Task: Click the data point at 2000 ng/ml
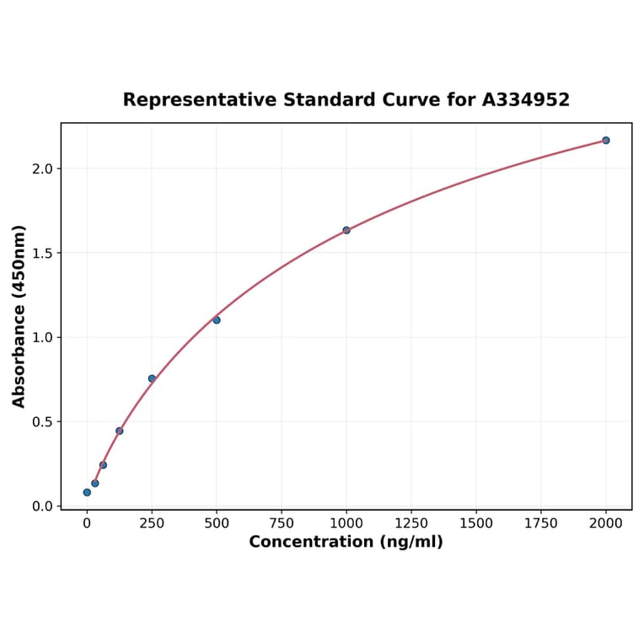point(606,140)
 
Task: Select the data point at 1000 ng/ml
point(346,230)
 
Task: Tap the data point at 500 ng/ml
point(217,319)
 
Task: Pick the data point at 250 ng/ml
point(152,378)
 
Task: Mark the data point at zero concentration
point(87,492)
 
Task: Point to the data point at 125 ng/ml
point(120,431)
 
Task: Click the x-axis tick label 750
point(282,523)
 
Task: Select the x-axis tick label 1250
point(411,523)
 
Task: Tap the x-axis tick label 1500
point(476,523)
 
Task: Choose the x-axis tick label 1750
point(541,523)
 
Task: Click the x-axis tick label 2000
point(606,523)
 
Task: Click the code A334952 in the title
point(526,99)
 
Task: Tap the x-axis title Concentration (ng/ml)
point(346,542)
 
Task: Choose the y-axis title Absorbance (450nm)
point(19,316)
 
